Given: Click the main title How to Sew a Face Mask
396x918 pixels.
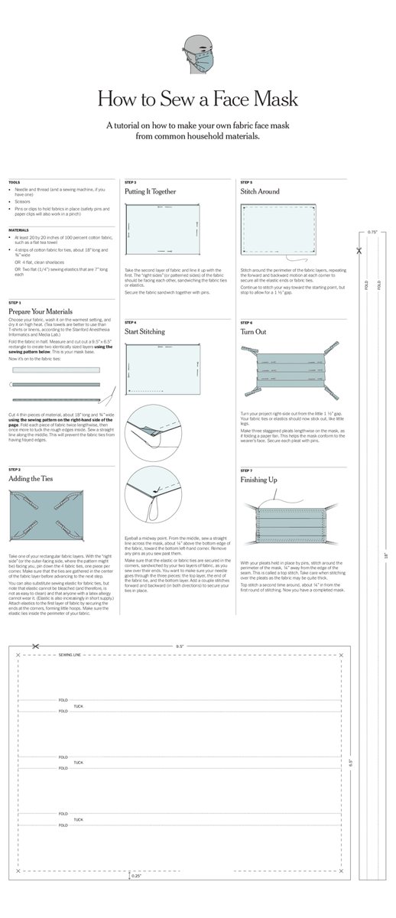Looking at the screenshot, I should [197, 99].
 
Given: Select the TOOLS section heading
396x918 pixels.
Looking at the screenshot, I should [15, 182].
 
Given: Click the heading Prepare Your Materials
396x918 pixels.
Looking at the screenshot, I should [41, 312].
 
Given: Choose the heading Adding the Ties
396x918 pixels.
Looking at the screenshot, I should [31, 478].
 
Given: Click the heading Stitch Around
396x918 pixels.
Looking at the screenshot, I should [260, 192].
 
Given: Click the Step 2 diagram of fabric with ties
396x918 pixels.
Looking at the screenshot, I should [57, 516].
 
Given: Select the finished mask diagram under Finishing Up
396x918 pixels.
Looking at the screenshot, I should [294, 526].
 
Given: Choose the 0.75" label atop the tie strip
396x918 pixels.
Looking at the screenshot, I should [372, 231].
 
